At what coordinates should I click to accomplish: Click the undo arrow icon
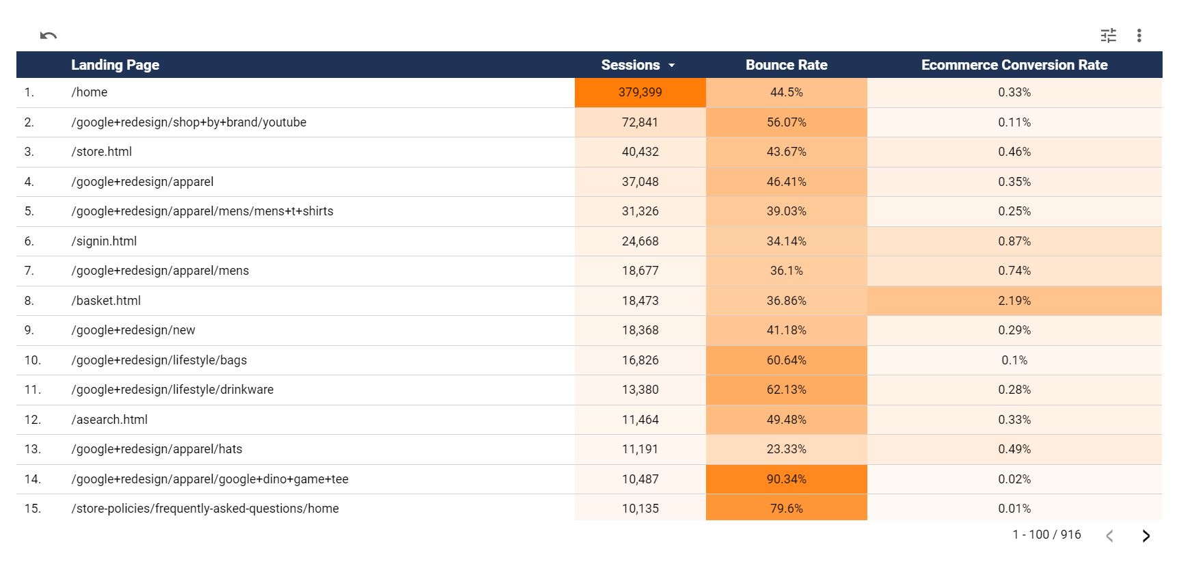(48, 36)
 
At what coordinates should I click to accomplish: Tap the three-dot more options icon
(1139, 36)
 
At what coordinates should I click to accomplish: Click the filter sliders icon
(1108, 36)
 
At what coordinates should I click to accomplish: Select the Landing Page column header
(115, 65)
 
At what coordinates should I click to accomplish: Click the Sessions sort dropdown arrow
(672, 66)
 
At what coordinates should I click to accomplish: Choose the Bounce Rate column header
(786, 65)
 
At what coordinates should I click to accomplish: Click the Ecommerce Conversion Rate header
(1014, 65)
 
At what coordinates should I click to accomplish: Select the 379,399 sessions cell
(640, 92)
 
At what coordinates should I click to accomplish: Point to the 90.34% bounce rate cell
(786, 479)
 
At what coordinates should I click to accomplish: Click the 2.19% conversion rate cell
(1014, 301)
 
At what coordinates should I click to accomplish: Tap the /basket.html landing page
(106, 301)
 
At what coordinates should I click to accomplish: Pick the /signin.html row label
(104, 241)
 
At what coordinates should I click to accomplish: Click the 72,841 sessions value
(640, 122)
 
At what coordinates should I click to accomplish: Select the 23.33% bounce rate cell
(786, 449)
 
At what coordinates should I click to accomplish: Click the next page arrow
(1146, 536)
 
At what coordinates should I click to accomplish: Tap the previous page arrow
(1109, 536)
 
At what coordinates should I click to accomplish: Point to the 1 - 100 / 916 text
(1046, 535)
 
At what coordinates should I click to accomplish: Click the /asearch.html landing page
(109, 420)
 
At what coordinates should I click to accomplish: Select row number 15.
(32, 509)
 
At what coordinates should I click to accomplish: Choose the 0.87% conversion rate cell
(1014, 241)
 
